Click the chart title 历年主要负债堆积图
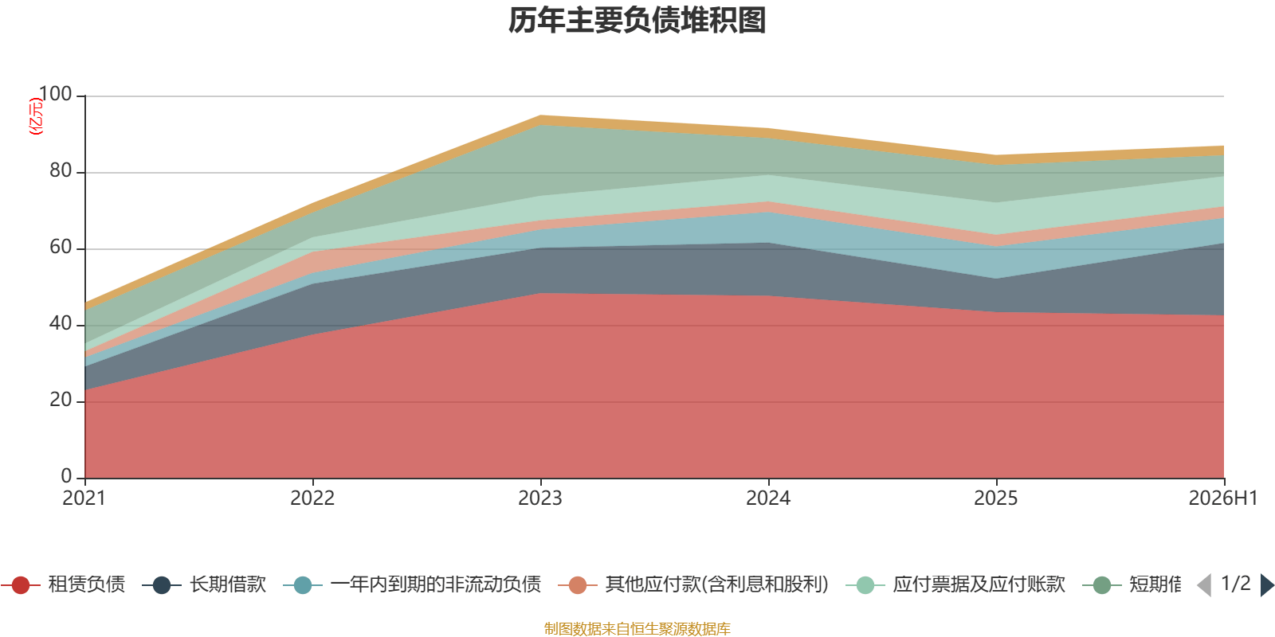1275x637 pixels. pos(637,21)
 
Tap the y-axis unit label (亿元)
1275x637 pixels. pos(35,116)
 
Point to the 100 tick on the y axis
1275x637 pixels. pos(55,94)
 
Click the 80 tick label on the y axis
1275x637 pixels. pos(61,170)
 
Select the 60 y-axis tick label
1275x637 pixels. pos(61,247)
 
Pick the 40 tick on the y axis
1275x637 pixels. pos(61,323)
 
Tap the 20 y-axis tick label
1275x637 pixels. pos(61,400)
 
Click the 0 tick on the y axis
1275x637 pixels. pos(67,476)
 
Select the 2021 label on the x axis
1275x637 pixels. pos(84,498)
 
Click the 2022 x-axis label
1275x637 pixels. pos(312,498)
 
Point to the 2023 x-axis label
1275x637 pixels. pos(540,498)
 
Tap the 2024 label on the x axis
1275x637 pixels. pos(768,498)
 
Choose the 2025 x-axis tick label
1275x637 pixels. pos(996,498)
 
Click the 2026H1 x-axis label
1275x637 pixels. pos(1223,498)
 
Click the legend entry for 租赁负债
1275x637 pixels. pos(63,584)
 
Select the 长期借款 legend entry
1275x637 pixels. pos(204,584)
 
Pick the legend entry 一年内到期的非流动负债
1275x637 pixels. pos(412,584)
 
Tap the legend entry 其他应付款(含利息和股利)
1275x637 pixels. pos(693,584)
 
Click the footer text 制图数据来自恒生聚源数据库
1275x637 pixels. pos(637,628)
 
